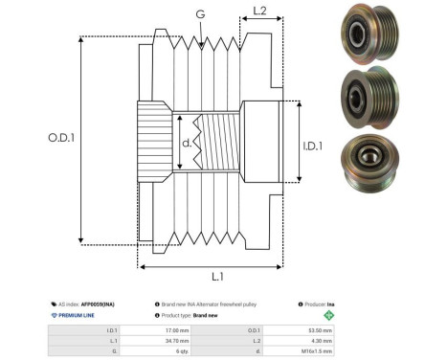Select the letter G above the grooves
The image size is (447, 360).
[199, 14]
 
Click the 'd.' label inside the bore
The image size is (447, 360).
[188, 145]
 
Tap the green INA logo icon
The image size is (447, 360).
[329, 314]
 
